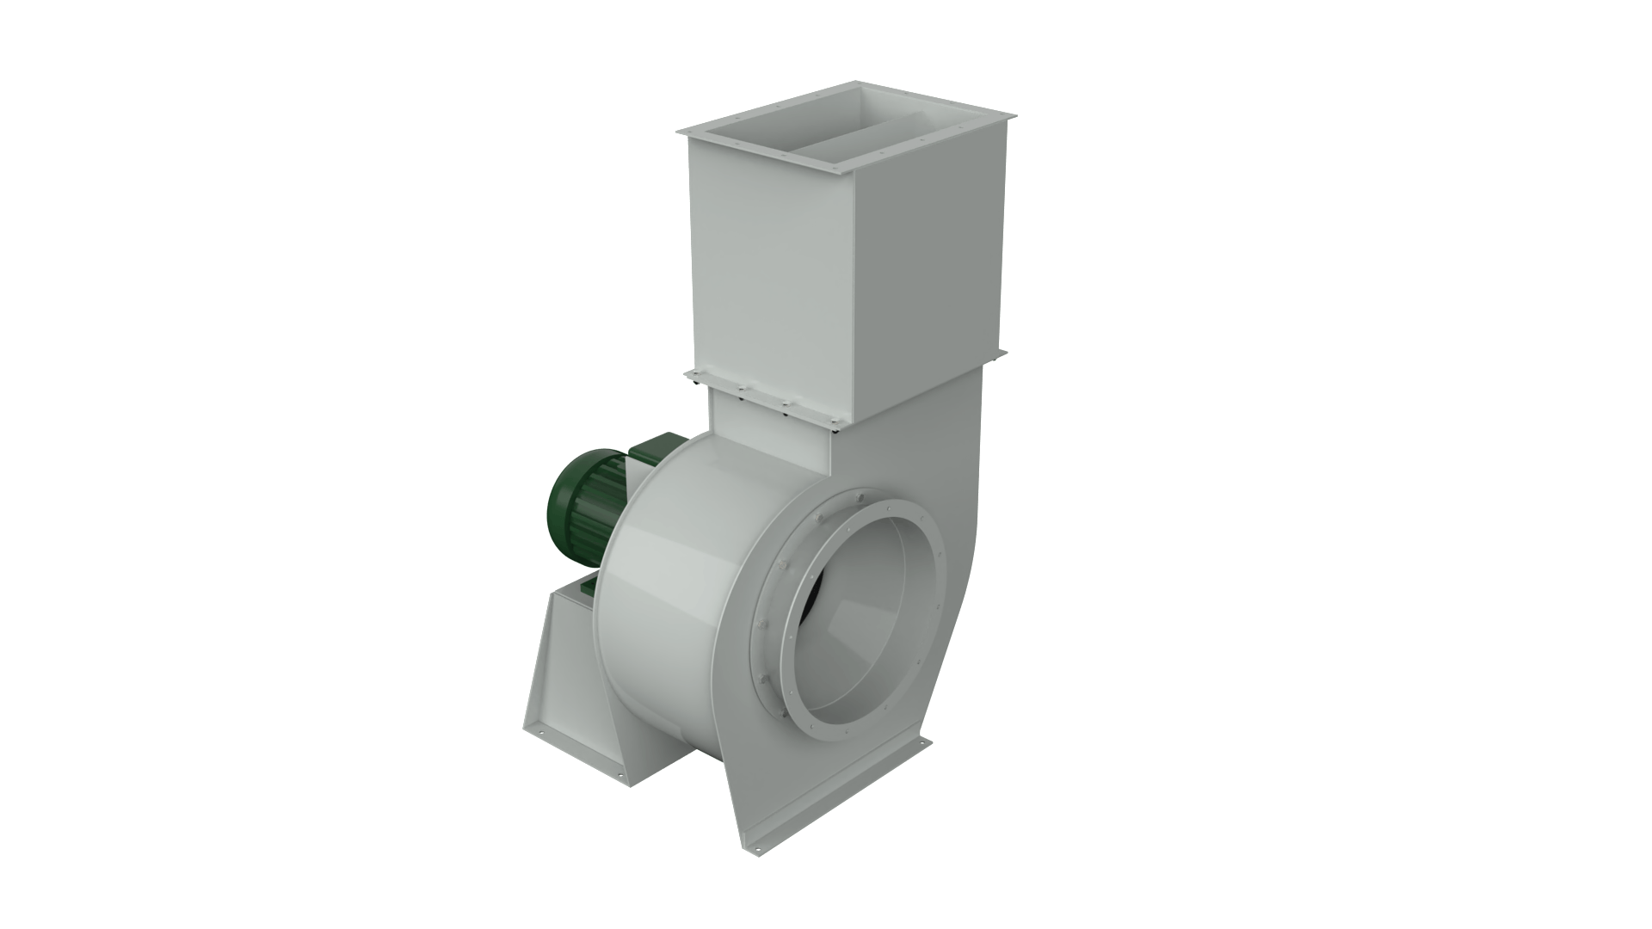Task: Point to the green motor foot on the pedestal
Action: (589, 585)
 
